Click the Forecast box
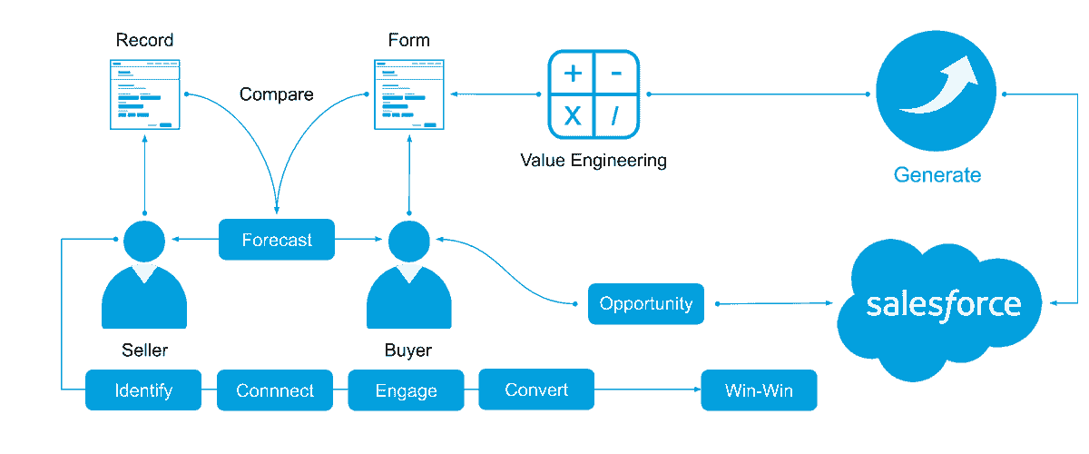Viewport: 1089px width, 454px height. tap(277, 241)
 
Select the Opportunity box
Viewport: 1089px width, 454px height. tap(646, 304)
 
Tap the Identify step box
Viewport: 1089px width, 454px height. tap(143, 391)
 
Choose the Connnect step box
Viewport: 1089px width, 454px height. tap(275, 391)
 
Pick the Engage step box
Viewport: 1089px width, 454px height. tap(406, 391)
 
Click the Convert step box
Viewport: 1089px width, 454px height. tap(536, 390)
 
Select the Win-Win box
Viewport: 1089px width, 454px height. tap(759, 391)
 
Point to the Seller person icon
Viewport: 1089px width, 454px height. tap(144, 277)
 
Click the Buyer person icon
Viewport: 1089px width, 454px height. tap(408, 277)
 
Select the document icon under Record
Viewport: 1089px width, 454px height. tap(145, 95)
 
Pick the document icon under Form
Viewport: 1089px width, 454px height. tap(410, 95)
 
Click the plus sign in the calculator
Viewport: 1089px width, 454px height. tap(573, 74)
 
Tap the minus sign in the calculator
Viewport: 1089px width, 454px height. tap(615, 74)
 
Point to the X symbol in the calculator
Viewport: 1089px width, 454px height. tap(573, 115)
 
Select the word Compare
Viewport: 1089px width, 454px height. tap(277, 94)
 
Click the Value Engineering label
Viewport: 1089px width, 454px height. tap(594, 161)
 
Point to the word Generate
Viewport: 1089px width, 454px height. tap(937, 175)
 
